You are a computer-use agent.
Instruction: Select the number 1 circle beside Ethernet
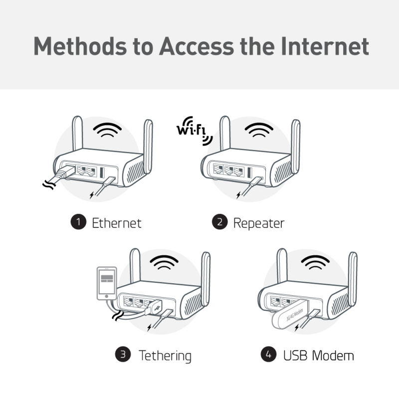pyautogui.click(x=77, y=222)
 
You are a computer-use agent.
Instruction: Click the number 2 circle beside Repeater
pyautogui.click(x=219, y=222)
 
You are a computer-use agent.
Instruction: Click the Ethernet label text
pyautogui.click(x=116, y=222)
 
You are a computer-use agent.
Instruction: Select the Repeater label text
pyautogui.click(x=258, y=222)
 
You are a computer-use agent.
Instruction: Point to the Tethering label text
pyautogui.click(x=165, y=356)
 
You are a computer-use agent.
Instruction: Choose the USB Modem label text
pyautogui.click(x=318, y=356)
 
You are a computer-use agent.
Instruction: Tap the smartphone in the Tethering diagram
pyautogui.click(x=106, y=283)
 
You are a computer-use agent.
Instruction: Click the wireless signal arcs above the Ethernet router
pyautogui.click(x=108, y=131)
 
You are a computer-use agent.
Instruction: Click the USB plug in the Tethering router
pyautogui.click(x=155, y=308)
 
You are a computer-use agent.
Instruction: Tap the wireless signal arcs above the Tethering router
pyautogui.click(x=165, y=263)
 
